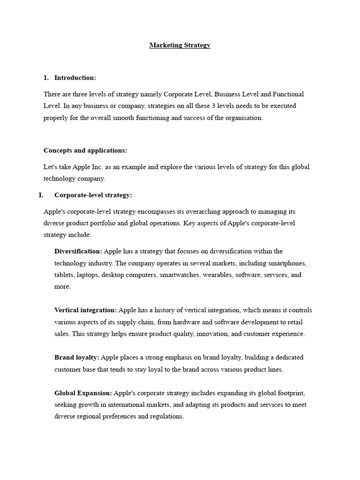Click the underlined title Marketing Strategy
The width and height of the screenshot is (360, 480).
pos(180,45)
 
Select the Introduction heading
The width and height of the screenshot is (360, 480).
pos(75,77)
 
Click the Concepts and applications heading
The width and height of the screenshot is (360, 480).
pos(85,150)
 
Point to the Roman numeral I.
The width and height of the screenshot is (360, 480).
pos(41,195)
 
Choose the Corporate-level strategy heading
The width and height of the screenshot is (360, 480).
pos(93,195)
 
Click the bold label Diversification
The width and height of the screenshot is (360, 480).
pos(78,251)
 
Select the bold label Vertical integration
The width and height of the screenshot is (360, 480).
pos(85,310)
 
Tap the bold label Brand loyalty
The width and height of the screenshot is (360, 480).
pos(76,357)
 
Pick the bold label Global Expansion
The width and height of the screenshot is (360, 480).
pos(83,393)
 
